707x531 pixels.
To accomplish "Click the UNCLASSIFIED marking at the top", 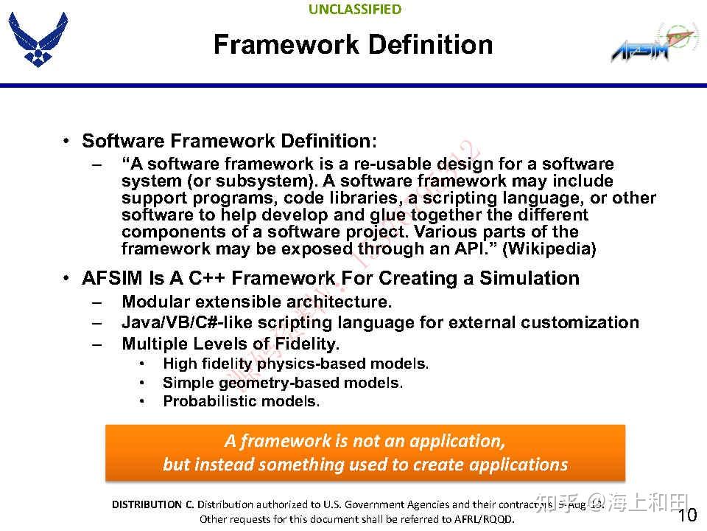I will [355, 10].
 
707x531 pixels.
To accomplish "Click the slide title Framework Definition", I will [353, 45].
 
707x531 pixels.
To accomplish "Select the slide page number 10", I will [686, 516].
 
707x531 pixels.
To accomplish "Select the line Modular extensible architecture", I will [256, 302].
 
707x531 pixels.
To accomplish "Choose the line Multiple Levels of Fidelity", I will [231, 344].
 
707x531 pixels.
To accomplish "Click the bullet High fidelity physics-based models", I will [295, 364].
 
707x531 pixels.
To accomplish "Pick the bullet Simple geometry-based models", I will [283, 383].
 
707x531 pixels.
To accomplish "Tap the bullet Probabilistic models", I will [241, 402].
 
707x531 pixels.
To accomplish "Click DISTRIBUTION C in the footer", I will [152, 505].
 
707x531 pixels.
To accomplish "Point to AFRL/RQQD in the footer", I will [483, 519].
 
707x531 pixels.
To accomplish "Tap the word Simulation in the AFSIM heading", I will [530, 279].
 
